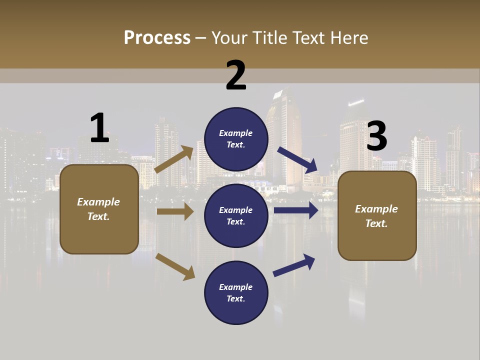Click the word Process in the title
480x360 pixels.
pyautogui.click(x=157, y=37)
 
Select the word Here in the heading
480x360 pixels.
pyautogui.click(x=348, y=37)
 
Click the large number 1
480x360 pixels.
pyautogui.click(x=99, y=128)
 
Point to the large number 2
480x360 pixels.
pyautogui.click(x=236, y=75)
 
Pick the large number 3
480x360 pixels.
pyautogui.click(x=376, y=136)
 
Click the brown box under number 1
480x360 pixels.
pyautogui.click(x=99, y=209)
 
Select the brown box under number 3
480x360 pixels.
pyautogui.click(x=377, y=215)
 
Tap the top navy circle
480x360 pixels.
pyautogui.click(x=236, y=139)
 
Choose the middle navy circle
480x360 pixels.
pyautogui.click(x=236, y=215)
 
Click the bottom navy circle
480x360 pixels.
pyautogui.click(x=236, y=292)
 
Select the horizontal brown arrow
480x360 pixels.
pyautogui.click(x=175, y=211)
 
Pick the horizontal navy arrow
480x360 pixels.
pyautogui.click(x=296, y=210)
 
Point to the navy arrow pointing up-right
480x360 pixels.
pyautogui.click(x=294, y=264)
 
